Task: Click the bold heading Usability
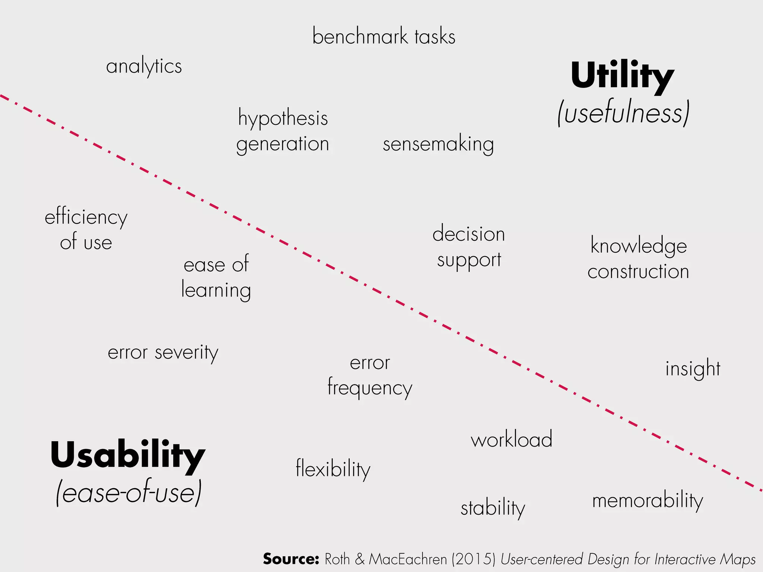tap(128, 455)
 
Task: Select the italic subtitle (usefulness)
tap(623, 113)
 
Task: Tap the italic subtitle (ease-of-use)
tap(129, 493)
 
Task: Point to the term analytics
tap(144, 67)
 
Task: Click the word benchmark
tap(360, 36)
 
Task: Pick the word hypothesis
tap(283, 118)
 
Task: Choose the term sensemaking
tap(438, 144)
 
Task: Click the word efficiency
tap(86, 217)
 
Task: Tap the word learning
tap(216, 290)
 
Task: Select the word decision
tap(469, 234)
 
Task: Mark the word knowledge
tap(639, 246)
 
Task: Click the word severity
tap(186, 352)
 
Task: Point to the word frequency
tap(370, 388)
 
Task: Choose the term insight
tap(693, 369)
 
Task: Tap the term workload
tap(512, 439)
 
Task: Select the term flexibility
tap(333, 468)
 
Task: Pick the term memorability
tap(648, 500)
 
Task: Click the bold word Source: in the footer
tap(291, 559)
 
